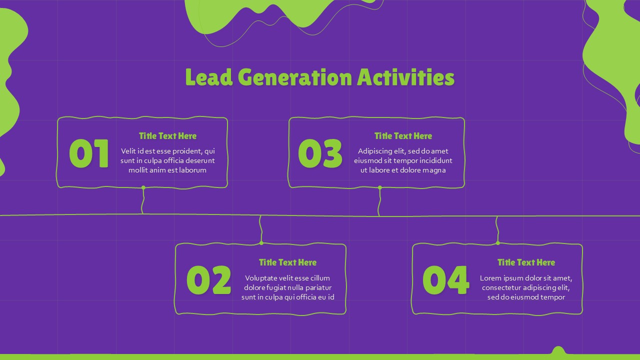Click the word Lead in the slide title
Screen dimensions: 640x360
click(209, 77)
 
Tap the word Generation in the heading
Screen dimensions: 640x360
click(294, 77)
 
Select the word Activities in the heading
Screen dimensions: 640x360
click(405, 77)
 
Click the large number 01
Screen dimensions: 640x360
click(89, 153)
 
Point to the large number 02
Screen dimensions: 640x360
click(208, 280)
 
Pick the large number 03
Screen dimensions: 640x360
click(320, 153)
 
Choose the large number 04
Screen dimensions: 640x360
click(445, 280)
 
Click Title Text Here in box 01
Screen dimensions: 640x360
click(167, 136)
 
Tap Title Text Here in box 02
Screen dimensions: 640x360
click(287, 262)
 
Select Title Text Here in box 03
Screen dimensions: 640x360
click(403, 136)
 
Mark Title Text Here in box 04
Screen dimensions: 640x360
click(526, 262)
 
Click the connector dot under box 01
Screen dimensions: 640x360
click(143, 187)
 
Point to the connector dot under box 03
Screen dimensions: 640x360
click(379, 187)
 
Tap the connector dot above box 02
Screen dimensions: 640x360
click(261, 243)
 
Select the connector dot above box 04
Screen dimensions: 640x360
click(497, 243)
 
